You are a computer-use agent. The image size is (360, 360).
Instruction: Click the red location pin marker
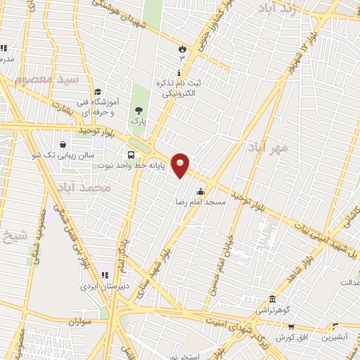[181, 165]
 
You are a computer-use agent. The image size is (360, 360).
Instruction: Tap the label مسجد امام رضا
[200, 202]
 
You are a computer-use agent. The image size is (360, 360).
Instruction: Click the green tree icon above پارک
[139, 110]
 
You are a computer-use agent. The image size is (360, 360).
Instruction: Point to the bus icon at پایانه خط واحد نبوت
[131, 155]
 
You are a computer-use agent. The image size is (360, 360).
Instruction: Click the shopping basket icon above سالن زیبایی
[64, 144]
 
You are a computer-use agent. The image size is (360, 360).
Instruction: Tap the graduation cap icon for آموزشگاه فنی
[98, 92]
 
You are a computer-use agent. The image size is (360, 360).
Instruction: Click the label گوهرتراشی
[271, 309]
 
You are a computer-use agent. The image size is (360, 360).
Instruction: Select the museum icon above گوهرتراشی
[272, 299]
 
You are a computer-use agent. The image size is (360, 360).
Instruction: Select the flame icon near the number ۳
[182, 49]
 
